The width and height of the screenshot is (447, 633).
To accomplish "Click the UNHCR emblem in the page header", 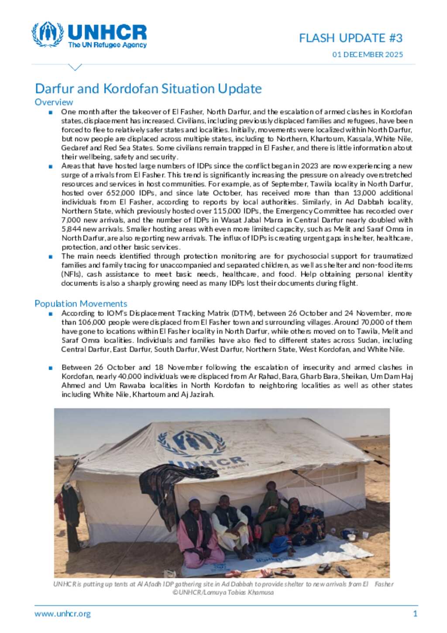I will click(x=47, y=35).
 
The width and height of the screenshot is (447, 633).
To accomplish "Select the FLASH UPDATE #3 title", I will click(x=351, y=38).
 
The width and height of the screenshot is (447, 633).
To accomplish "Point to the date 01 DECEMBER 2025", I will click(x=368, y=55).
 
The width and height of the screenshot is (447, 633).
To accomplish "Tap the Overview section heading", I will click(x=54, y=102).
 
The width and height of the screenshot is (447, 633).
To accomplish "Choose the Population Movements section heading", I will click(x=81, y=304).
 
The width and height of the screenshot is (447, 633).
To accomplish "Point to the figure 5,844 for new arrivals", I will click(x=71, y=229).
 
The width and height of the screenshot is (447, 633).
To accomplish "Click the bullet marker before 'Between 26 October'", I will click(x=51, y=368).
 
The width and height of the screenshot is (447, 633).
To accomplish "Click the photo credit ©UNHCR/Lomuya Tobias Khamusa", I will click(x=223, y=593).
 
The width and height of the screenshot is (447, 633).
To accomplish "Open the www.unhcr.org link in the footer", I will click(x=63, y=614).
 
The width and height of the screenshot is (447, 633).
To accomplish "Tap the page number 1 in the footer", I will click(x=415, y=614).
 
